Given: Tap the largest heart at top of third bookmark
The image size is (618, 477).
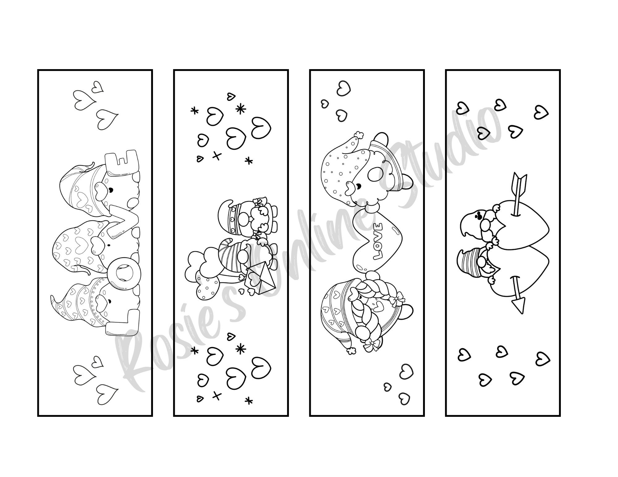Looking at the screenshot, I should pyautogui.click(x=343, y=90).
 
